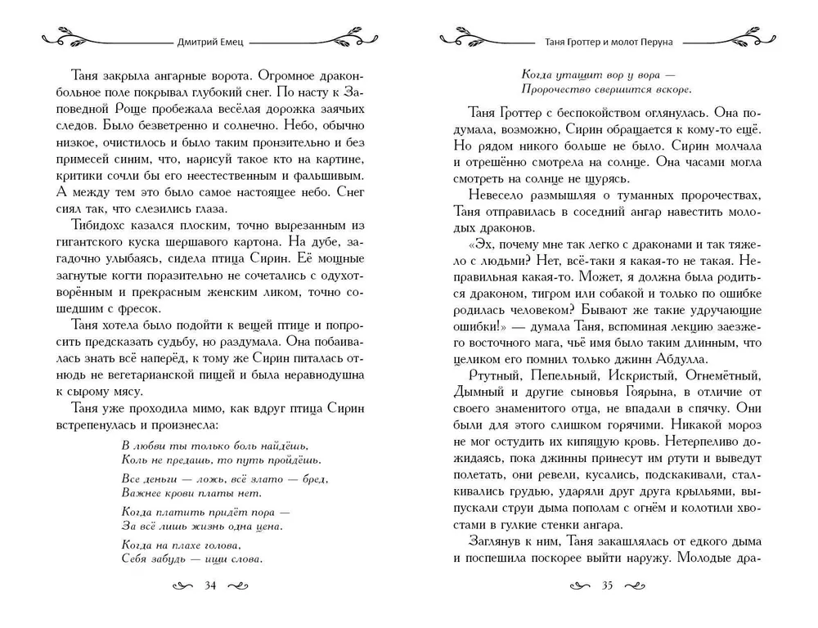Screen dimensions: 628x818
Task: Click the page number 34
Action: click(x=210, y=586)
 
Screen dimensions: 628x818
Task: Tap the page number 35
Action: click(x=606, y=586)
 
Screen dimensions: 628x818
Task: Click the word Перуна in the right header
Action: click(x=657, y=38)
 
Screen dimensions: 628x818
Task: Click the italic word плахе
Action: click(x=187, y=544)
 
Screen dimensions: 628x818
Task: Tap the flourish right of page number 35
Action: click(x=642, y=586)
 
